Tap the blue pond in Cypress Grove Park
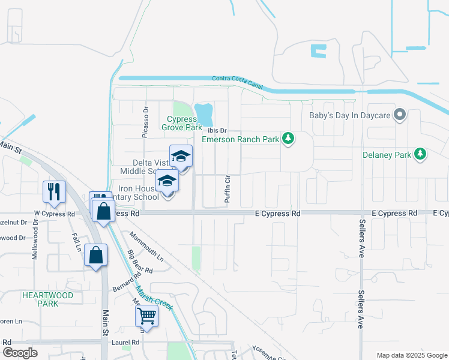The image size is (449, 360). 204,112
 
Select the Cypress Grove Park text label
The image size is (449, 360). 181,123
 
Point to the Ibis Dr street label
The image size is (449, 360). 217,130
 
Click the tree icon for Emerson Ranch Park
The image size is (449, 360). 289,139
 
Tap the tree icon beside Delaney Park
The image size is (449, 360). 421,154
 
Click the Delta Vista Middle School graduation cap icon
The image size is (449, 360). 181,157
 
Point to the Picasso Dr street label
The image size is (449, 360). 145,123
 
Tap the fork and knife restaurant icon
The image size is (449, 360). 55,191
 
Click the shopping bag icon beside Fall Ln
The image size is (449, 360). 95,254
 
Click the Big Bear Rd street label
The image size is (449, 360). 140,267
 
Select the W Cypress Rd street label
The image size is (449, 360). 55,214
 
